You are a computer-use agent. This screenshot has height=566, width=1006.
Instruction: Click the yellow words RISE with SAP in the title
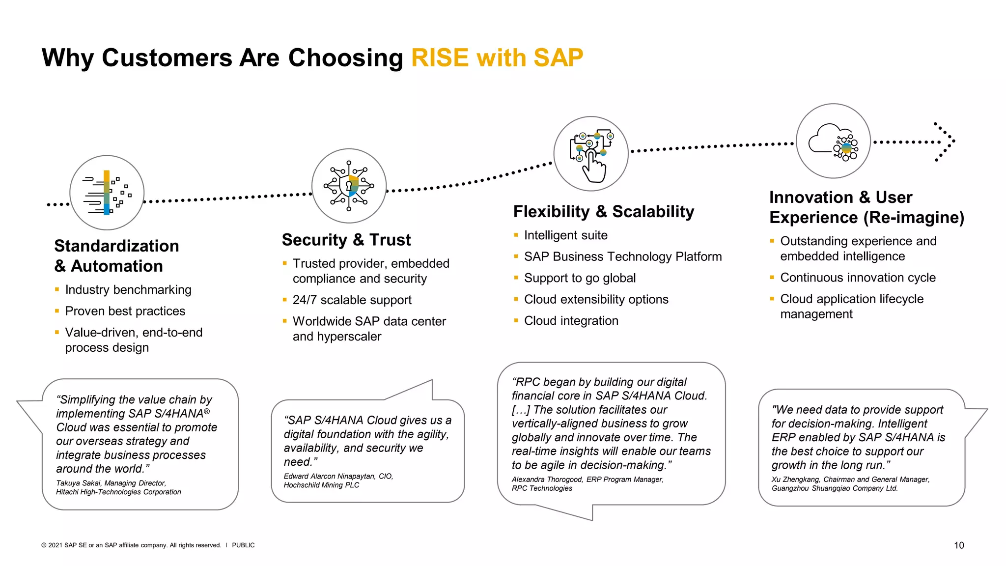[497, 58]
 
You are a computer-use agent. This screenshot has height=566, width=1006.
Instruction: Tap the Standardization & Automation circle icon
[107, 193]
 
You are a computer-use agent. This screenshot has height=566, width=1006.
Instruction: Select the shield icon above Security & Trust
[349, 186]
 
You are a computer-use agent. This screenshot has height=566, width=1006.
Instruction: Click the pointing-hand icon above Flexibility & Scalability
[591, 154]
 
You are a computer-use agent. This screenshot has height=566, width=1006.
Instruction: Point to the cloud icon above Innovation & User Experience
[833, 141]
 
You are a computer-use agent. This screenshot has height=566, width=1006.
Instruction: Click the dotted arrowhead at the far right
[946, 141]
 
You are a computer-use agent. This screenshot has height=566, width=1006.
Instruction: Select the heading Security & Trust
[346, 240]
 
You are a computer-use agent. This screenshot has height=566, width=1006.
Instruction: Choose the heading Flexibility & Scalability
[603, 212]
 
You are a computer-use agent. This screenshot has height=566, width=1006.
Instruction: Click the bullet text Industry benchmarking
[128, 290]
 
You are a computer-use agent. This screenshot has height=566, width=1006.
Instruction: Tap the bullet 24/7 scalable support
[352, 300]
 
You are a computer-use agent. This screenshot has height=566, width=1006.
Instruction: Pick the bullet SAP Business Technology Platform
[622, 257]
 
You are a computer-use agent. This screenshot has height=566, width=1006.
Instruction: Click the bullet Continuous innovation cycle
[858, 278]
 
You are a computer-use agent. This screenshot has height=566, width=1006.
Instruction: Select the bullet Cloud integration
[571, 321]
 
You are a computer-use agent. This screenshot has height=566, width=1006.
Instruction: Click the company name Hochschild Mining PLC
[321, 485]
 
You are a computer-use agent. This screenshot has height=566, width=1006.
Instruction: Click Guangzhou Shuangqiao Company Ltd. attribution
[834, 488]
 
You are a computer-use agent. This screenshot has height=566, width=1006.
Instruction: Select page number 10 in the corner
[958, 545]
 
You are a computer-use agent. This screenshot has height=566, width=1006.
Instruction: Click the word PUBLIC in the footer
[243, 545]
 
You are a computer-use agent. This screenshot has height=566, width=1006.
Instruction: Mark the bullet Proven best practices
[125, 311]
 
